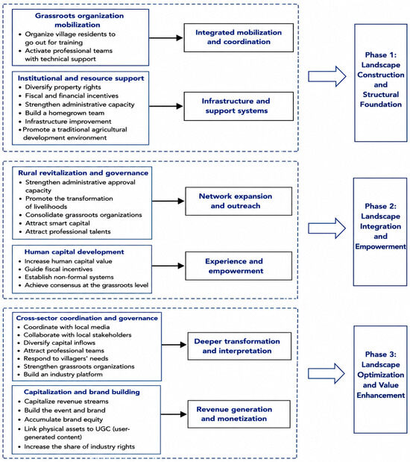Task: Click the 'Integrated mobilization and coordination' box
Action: click(239, 37)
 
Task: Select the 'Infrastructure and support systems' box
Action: click(239, 106)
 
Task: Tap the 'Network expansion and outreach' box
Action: click(239, 201)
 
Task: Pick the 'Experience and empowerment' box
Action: click(239, 266)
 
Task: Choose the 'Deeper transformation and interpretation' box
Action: click(239, 346)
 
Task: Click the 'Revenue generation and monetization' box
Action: click(239, 414)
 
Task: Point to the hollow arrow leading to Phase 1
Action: click(327, 76)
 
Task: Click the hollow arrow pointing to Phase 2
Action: click(327, 228)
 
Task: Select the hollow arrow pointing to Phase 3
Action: click(327, 373)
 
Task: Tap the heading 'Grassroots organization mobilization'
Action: click(79, 20)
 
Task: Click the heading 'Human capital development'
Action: click(74, 252)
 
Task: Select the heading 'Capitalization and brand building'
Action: click(82, 392)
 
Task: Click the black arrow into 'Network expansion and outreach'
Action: click(168, 201)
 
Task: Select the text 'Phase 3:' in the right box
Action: click(381, 355)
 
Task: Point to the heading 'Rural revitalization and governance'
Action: click(83, 173)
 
